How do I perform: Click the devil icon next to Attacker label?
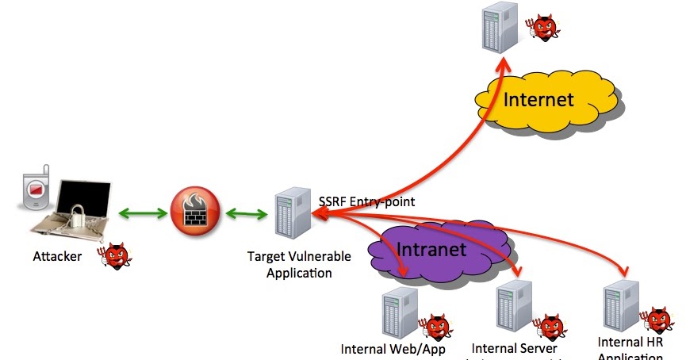[114, 255]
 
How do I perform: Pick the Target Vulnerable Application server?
[290, 213]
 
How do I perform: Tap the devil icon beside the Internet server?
[545, 28]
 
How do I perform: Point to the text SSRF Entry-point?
[366, 201]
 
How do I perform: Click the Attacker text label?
[57, 256]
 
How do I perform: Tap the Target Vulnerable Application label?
[289, 265]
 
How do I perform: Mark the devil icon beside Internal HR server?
[657, 319]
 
